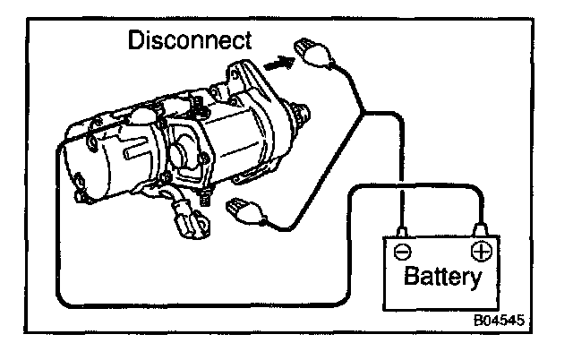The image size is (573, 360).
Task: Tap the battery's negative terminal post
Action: tap(404, 232)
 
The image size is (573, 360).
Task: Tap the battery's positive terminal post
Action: tap(481, 231)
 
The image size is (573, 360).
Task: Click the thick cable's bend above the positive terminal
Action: tap(475, 189)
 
